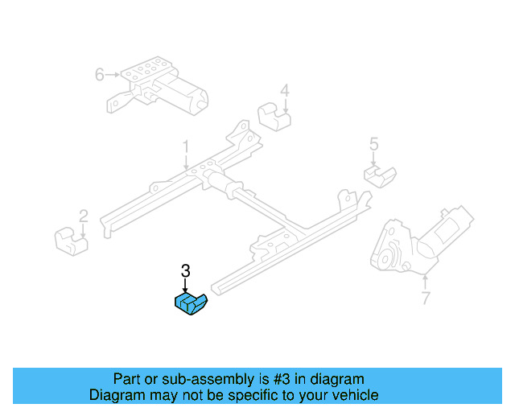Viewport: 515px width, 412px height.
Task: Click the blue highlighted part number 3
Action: (191, 304)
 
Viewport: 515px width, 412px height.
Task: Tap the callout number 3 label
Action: (185, 272)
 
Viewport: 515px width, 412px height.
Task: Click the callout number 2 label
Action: (83, 216)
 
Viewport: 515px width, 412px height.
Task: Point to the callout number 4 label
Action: (284, 90)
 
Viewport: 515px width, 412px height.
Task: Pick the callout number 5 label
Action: (373, 145)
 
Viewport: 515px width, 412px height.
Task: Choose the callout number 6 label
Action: (99, 75)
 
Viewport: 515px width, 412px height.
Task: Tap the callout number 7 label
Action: (425, 299)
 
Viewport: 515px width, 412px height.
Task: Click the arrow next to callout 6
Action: (113, 75)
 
